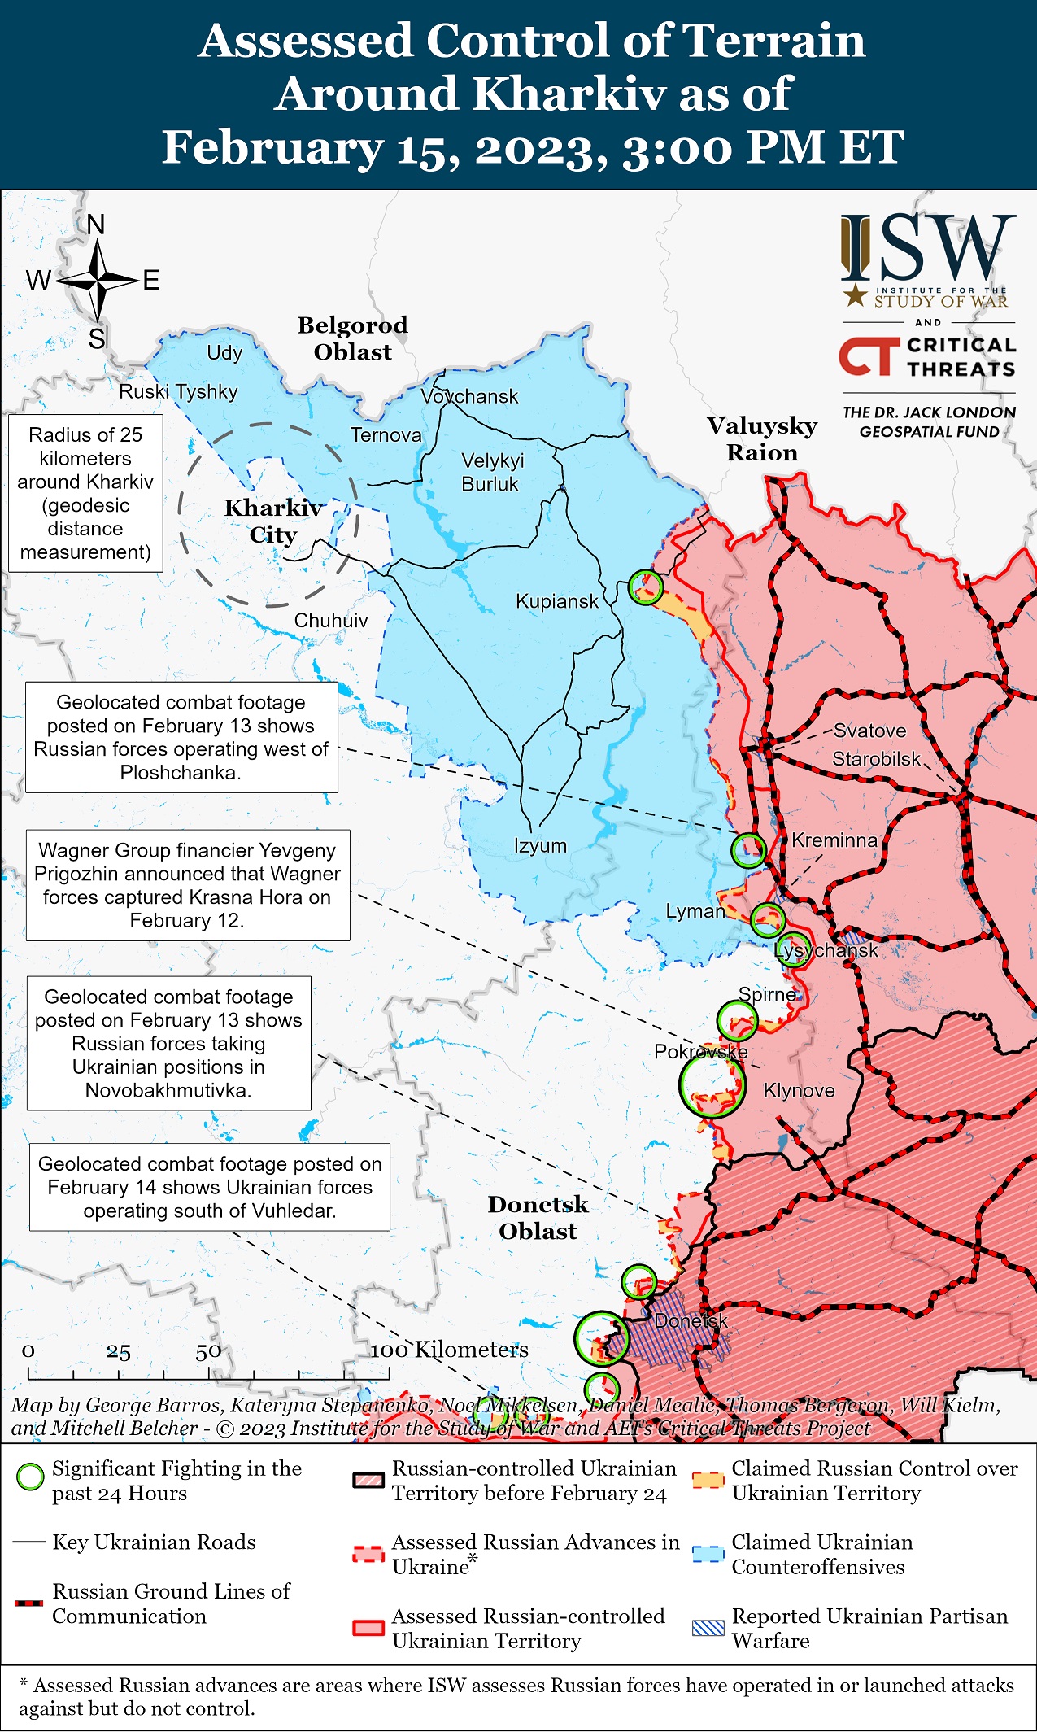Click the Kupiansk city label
tap(556, 601)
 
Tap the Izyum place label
tap(540, 845)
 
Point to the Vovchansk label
tap(469, 396)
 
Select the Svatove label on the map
tap(869, 731)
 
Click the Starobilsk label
tap(876, 759)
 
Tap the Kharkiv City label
tap(273, 521)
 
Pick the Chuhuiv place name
tap(330, 620)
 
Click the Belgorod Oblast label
tap(352, 338)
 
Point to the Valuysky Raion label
tap(761, 438)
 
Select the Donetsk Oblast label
tap(538, 1217)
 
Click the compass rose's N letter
tap(96, 225)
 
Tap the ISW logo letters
tap(928, 248)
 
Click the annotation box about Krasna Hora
tap(188, 885)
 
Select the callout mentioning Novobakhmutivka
tap(168, 1043)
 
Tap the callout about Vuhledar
tap(209, 1187)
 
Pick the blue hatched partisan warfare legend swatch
tap(708, 1628)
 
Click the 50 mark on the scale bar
tap(208, 1352)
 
